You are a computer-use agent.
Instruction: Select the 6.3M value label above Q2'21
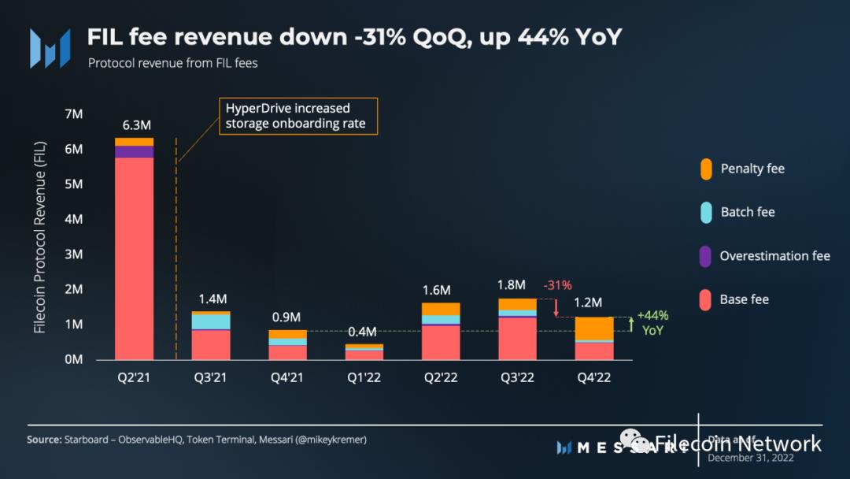pos(135,125)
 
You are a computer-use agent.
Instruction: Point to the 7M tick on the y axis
pos(73,114)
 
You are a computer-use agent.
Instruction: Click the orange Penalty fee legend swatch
pos(706,169)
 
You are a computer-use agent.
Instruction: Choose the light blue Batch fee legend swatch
pos(706,212)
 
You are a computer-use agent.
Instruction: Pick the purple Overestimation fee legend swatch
pos(706,256)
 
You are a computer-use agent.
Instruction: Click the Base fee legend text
pos(744,299)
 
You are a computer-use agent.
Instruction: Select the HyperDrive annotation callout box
pos(298,116)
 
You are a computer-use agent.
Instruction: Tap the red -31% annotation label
pos(557,285)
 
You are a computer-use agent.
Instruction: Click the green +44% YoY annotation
pos(652,322)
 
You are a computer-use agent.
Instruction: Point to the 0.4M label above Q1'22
pos(363,331)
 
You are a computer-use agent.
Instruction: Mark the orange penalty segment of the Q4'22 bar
pos(594,329)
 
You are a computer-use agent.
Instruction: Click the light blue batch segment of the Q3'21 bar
pos(211,321)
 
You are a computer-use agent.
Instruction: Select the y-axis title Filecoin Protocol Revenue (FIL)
pos(40,237)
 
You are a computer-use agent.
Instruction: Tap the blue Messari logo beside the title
pos(50,47)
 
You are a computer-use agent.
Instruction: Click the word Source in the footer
pos(43,439)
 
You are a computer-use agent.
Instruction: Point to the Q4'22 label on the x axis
pos(593,378)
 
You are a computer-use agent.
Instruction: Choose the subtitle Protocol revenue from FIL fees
pos(172,63)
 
